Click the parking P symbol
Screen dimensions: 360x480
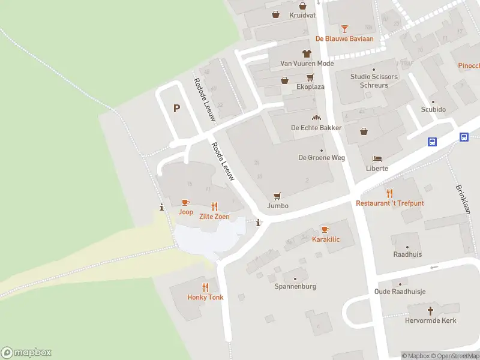coord(176,109)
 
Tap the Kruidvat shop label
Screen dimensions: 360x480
coord(302,16)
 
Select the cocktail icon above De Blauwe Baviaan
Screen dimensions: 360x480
coord(344,28)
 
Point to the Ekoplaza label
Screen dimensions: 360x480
coord(310,87)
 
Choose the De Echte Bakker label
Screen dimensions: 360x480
coord(316,128)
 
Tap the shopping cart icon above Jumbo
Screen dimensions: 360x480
coord(277,196)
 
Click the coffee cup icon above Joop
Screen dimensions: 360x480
coord(185,202)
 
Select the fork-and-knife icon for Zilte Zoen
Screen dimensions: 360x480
coord(214,206)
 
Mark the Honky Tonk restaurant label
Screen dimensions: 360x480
coord(205,298)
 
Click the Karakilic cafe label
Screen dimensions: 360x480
coord(326,239)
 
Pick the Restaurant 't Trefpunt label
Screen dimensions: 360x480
coord(389,203)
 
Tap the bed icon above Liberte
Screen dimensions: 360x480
coord(377,158)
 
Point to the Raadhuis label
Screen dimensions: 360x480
coord(407,254)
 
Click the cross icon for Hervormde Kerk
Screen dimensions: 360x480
coord(430,311)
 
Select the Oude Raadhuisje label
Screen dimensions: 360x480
coord(400,292)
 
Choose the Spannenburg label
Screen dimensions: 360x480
coord(295,286)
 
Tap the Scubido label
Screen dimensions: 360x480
coord(433,110)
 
